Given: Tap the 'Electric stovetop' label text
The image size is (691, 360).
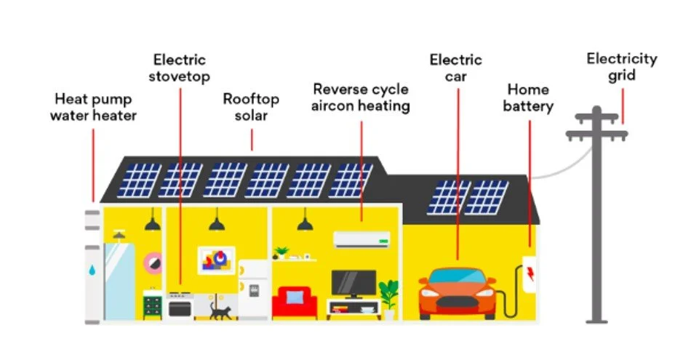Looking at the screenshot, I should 179,68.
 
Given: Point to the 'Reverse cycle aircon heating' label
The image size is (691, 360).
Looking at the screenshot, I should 361,97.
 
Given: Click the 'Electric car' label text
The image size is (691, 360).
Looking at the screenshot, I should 455,67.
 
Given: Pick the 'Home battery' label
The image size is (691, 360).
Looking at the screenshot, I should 529,97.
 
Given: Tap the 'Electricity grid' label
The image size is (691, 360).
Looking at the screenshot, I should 621,67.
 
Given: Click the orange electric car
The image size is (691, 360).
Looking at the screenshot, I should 456,292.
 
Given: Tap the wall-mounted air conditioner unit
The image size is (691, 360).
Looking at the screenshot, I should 361,239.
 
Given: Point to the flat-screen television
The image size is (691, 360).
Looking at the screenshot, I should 354,283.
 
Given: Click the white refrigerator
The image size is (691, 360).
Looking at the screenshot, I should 254,289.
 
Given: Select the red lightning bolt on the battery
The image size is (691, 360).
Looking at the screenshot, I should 530,273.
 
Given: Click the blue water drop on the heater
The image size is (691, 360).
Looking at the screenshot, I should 92,269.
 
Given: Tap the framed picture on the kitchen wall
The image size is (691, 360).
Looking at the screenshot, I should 216,260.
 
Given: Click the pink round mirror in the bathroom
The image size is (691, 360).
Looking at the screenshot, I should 153,262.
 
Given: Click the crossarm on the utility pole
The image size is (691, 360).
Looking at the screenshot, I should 596,135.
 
